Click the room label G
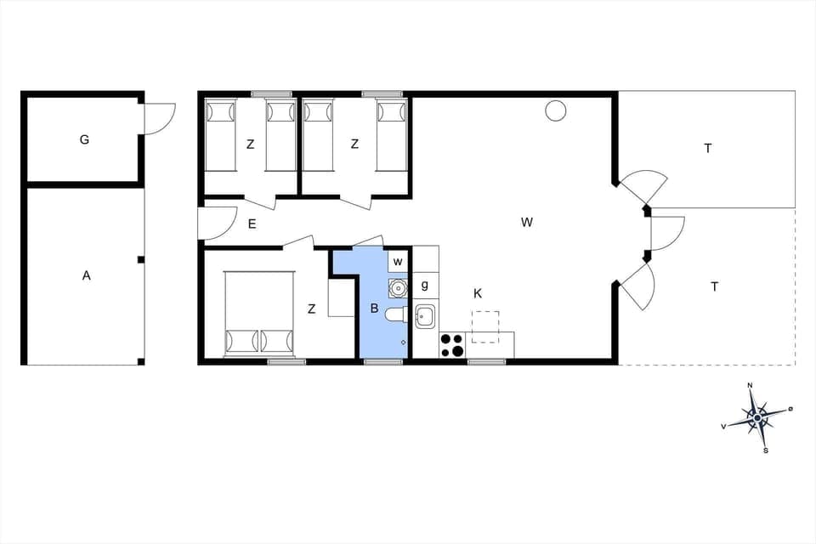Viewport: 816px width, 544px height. point(84,139)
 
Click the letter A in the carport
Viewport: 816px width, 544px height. point(86,275)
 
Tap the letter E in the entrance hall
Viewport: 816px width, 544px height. point(252,224)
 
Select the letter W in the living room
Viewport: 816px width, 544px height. point(527,223)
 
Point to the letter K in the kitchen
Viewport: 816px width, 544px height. point(478,293)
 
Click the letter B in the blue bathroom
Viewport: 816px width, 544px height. point(374,309)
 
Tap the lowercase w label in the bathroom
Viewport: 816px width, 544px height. point(397,261)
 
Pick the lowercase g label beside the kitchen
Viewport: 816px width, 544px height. point(425,285)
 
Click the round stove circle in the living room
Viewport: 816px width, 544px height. point(555,110)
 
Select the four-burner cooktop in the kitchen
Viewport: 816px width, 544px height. point(452,345)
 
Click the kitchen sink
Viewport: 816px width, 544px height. point(425,316)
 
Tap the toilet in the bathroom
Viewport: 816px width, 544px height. point(396,315)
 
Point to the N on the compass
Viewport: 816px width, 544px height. point(750,386)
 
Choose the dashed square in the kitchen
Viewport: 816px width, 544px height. point(485,326)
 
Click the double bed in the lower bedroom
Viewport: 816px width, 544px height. point(258,313)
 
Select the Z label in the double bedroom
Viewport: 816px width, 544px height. point(312,309)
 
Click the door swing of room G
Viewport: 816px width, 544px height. point(159,119)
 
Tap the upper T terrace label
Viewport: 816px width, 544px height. point(707,148)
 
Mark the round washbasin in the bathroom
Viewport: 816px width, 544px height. point(397,287)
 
